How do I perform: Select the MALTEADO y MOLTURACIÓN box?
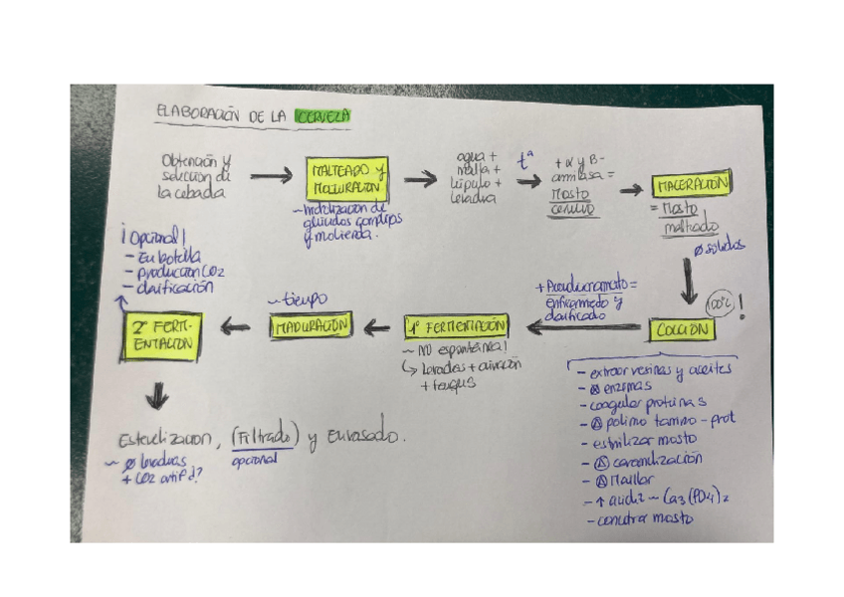tap(342, 181)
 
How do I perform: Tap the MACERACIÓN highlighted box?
tap(693, 185)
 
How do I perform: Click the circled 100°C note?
tap(719, 301)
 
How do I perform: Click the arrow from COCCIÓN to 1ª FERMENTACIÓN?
tap(582, 326)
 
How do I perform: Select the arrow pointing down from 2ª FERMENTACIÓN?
tap(157, 396)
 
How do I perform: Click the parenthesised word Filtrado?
tap(265, 436)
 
